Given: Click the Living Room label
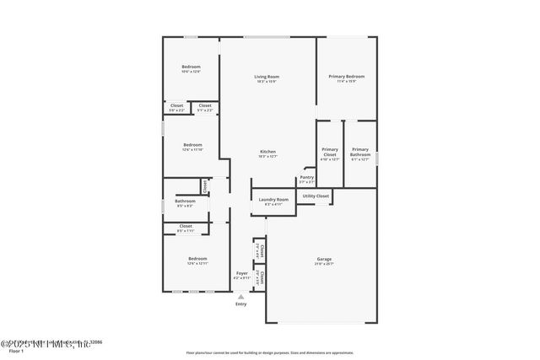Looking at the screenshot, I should [267, 77].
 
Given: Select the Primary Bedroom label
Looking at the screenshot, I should [346, 77].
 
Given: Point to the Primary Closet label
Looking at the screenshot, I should [330, 152].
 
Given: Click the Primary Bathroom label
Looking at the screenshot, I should [360, 152].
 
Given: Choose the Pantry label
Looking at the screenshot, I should [306, 177].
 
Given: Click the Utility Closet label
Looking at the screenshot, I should [316, 196].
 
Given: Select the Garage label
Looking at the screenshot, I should [323, 259].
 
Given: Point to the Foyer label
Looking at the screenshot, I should [241, 273].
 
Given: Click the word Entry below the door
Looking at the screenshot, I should [241, 304].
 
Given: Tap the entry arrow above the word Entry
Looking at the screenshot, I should [241, 296].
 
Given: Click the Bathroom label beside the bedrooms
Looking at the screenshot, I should [185, 201].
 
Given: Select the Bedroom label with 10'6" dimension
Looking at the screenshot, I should [192, 67].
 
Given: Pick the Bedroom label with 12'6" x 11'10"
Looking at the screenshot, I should [193, 144].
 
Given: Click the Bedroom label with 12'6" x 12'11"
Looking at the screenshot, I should [197, 258].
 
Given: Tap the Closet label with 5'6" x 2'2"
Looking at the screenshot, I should [176, 105].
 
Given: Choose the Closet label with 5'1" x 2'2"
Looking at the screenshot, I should [205, 105].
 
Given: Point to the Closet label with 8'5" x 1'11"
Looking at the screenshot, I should [186, 226].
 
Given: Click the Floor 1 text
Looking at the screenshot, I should [16, 351].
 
